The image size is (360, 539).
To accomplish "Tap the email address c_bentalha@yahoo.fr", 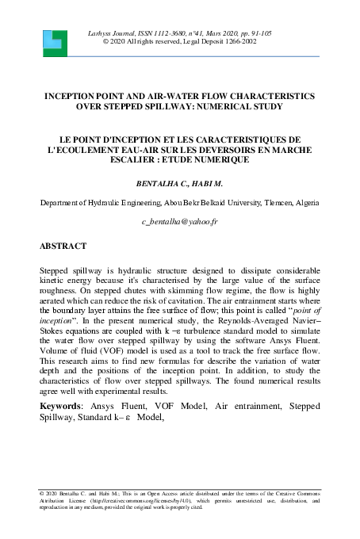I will pyautogui.click(x=179, y=225).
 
